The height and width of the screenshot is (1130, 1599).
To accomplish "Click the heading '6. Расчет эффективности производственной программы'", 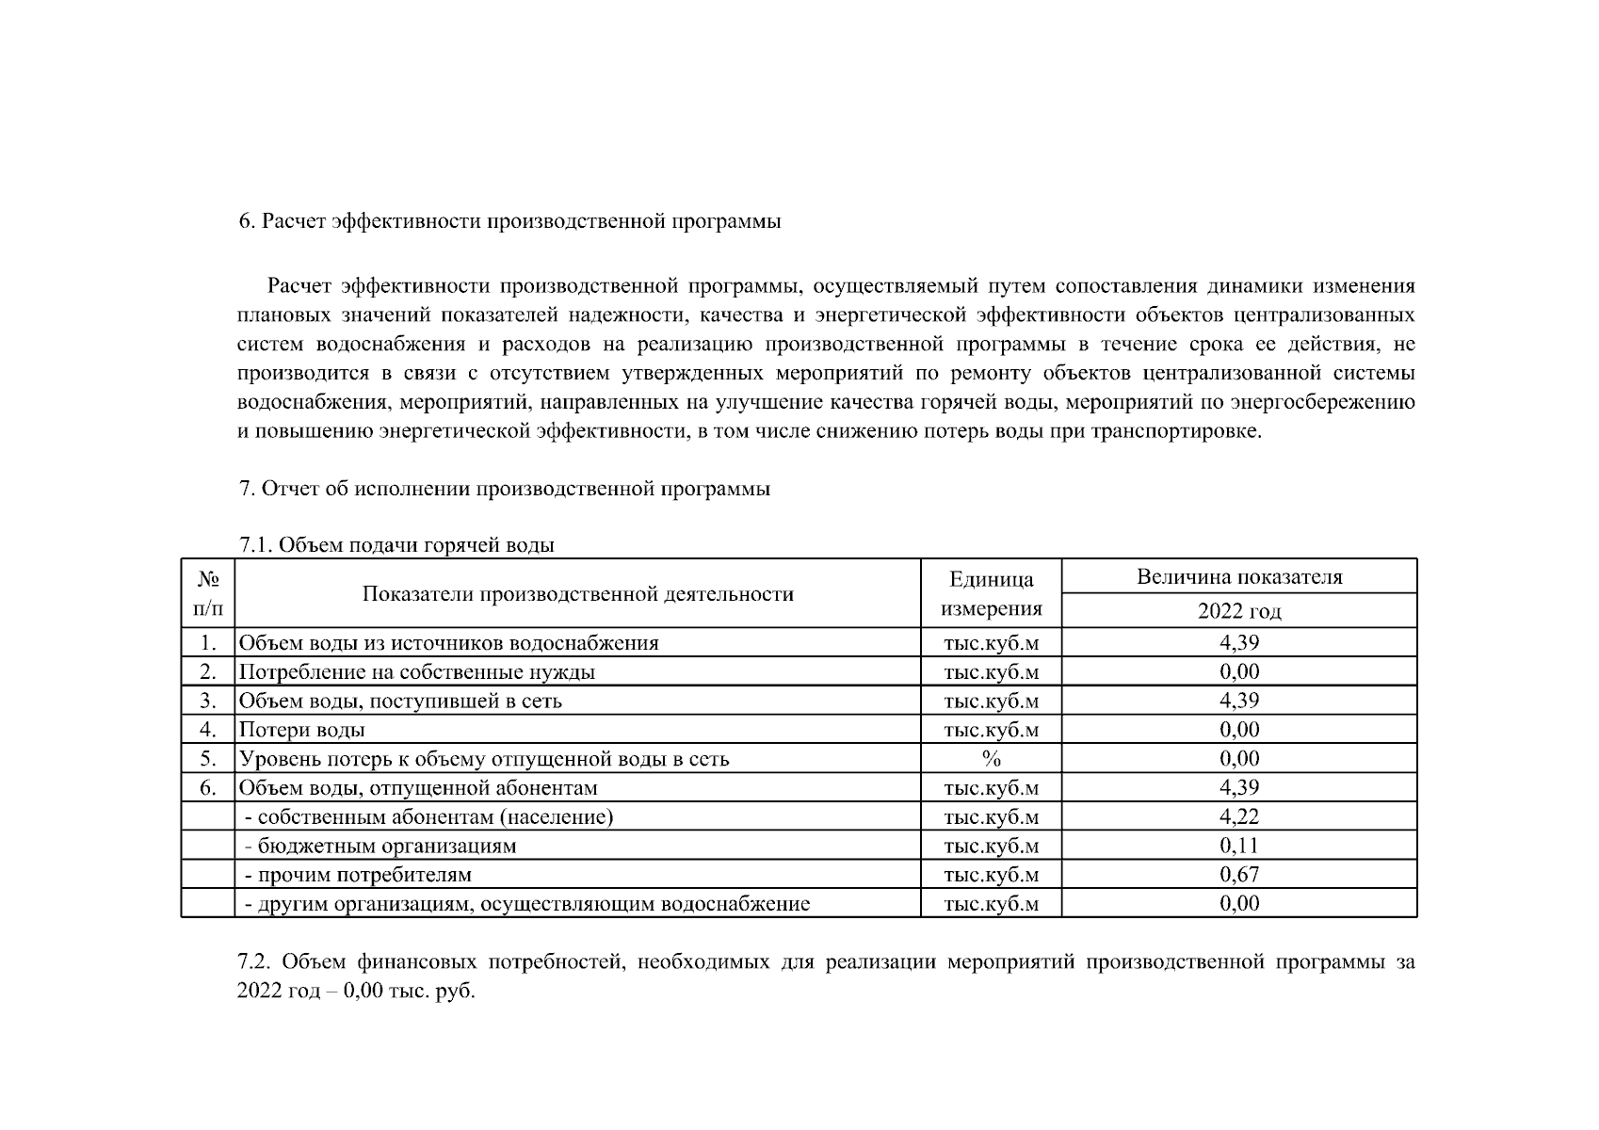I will (509, 222).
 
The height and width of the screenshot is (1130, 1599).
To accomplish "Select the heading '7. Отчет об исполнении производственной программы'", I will (505, 490).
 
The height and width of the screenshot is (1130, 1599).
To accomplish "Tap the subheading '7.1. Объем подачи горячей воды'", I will (396, 545).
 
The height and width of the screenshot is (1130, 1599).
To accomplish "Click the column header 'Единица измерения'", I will (991, 594).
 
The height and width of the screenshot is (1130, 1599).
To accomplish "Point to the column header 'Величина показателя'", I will (1238, 577).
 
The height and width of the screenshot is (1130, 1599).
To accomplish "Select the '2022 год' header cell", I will (1238, 611).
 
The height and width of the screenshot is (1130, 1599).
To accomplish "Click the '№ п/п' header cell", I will (208, 594).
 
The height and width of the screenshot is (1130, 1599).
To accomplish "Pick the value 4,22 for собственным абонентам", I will (1238, 816).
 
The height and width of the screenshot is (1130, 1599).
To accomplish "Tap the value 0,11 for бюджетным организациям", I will (1238, 846).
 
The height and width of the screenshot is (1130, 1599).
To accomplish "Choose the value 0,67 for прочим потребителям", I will (1238, 875).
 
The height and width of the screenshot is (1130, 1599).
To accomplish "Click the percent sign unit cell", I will (991, 759).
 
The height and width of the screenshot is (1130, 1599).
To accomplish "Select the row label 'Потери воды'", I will (301, 730).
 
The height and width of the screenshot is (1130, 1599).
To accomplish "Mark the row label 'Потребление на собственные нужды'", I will (416, 672).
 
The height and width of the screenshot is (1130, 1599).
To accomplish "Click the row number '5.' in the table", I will (208, 759).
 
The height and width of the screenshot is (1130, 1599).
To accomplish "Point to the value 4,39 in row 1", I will (1238, 643).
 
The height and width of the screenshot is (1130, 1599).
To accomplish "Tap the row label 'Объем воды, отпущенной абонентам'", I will (418, 788).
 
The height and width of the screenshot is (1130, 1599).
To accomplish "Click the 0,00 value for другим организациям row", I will (1238, 904).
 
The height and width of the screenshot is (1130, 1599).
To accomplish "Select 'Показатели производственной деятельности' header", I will (577, 594).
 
